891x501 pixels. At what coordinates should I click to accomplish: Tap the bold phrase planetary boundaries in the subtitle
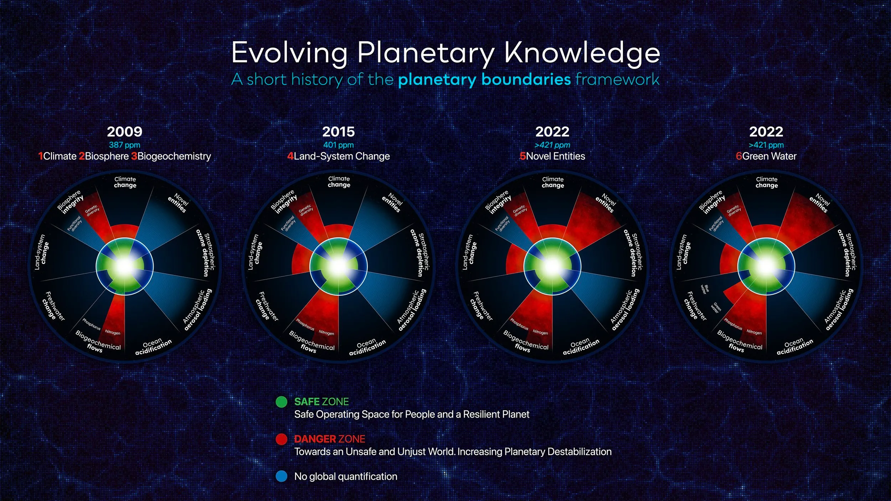tap(484, 79)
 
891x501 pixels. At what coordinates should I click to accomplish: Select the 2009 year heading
tap(125, 132)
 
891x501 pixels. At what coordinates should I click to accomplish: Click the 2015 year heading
tap(339, 132)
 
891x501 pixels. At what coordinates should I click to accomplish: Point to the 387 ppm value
tap(125, 145)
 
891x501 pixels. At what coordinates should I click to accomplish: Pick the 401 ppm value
tap(339, 145)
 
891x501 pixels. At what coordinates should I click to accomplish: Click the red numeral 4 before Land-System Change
tap(290, 156)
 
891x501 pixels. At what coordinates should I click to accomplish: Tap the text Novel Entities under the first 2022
tap(556, 156)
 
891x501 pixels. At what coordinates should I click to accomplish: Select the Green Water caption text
tap(769, 156)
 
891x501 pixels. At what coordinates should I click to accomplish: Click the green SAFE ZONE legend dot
tap(282, 402)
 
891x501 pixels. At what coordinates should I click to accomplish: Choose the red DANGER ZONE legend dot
tap(282, 439)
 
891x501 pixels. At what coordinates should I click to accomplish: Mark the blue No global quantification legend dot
tap(282, 476)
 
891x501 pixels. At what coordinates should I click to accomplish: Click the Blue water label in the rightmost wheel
tap(705, 289)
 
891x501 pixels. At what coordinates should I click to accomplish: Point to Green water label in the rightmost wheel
tap(716, 308)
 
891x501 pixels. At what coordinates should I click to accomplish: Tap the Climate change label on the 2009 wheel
tap(125, 182)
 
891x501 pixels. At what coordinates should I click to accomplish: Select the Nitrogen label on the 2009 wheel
tap(113, 332)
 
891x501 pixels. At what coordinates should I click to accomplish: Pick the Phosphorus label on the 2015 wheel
tap(305, 324)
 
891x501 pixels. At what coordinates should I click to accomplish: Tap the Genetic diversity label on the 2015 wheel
tap(306, 210)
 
